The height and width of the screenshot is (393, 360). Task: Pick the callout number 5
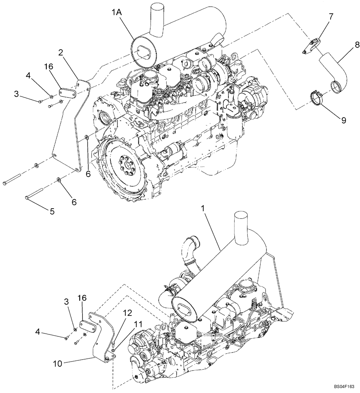pos(52,211)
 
